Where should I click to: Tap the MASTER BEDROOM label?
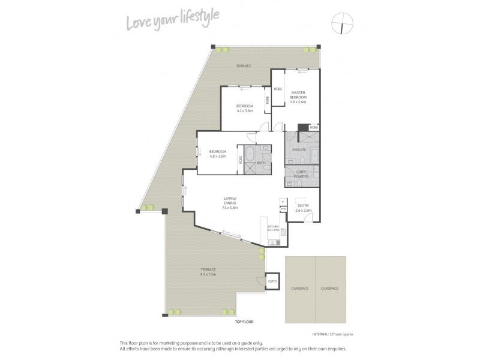coord(298,95)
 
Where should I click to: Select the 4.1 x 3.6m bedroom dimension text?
coord(244,110)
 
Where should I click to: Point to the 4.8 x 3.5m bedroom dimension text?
coord(217,156)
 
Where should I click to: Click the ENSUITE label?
coord(299,149)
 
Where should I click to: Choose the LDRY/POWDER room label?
coord(298,175)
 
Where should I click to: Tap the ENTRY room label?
coord(303,206)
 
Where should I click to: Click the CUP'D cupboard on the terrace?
coord(272,281)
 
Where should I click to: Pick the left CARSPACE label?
coord(300,289)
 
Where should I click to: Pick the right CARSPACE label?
coord(329,289)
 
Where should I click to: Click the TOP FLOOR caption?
coord(244,322)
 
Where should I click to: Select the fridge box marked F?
coord(282,202)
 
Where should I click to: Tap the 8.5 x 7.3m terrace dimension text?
coord(209,274)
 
